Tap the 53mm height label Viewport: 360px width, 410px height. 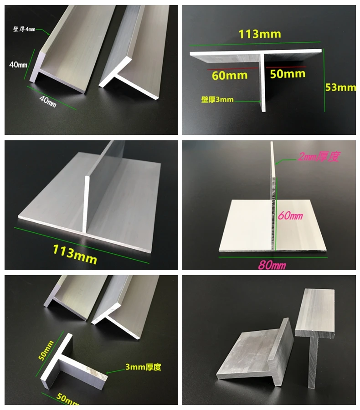pyautogui.click(x=340, y=87)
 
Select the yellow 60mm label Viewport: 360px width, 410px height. pyautogui.click(x=230, y=75)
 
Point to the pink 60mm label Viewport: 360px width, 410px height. pyautogui.click(x=290, y=215)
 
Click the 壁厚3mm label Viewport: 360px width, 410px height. pyautogui.click(x=217, y=99)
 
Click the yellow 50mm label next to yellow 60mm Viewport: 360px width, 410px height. pyautogui.click(x=288, y=74)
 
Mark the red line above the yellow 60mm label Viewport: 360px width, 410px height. pyautogui.click(x=227, y=68)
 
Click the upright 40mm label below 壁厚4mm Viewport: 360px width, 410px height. pyautogui.click(x=18, y=65)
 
